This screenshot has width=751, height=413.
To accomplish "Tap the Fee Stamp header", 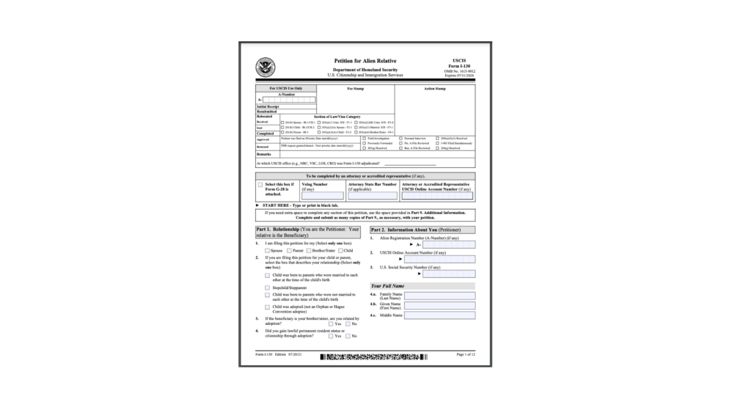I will pyautogui.click(x=356, y=88).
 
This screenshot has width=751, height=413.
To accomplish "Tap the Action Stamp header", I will pyautogui.click(x=434, y=88).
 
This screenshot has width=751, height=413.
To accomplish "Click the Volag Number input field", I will pyautogui.click(x=317, y=196).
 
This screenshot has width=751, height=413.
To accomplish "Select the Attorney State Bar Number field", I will pyautogui.click(x=372, y=196).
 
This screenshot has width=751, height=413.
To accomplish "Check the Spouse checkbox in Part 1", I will pyautogui.click(x=268, y=250).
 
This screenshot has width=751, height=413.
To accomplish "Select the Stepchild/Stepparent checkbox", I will pyautogui.click(x=268, y=288).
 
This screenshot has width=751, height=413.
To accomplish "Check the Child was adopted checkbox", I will pyautogui.click(x=268, y=307).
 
